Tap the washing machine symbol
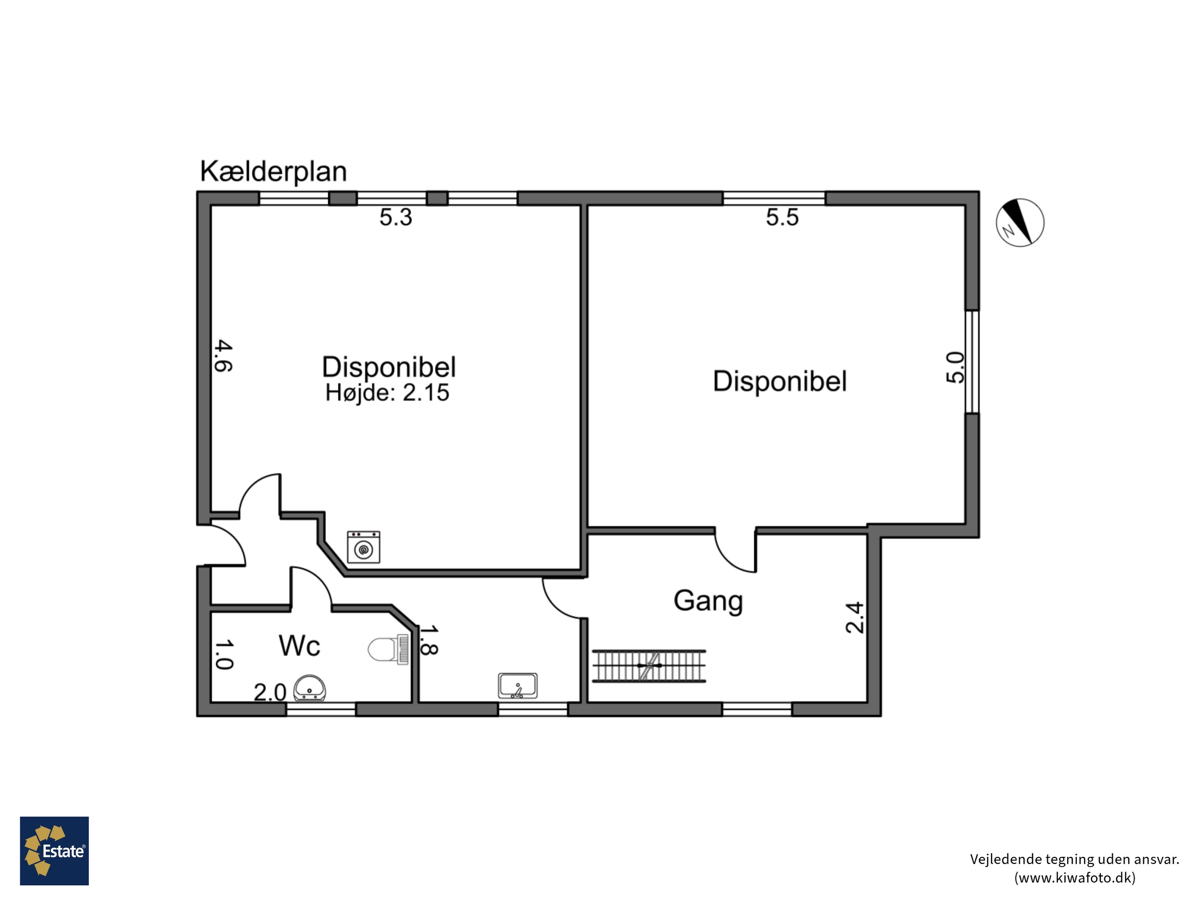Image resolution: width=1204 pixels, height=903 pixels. [x=364, y=547]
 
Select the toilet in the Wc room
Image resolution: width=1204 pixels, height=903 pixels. [x=388, y=649]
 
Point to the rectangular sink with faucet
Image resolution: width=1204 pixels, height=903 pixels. [x=518, y=686]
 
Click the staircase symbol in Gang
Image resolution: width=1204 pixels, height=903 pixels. [x=649, y=666]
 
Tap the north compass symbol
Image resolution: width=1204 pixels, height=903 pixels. [x=1020, y=223]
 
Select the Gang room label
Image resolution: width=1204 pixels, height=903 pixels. [x=708, y=602]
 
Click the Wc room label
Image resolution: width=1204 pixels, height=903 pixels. [x=299, y=646]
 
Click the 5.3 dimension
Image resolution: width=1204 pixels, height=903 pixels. [x=396, y=217]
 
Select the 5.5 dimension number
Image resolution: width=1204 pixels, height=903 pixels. [x=782, y=217]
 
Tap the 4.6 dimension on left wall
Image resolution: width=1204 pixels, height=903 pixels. [x=223, y=356]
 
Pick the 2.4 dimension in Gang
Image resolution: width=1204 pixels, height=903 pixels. [x=854, y=617]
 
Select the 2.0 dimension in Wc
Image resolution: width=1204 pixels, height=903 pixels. [x=270, y=692]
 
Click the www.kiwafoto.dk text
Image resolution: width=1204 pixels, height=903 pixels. [x=1075, y=877]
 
